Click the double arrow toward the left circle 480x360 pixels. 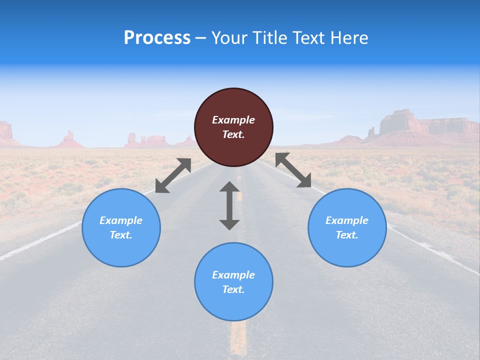[x=173, y=175]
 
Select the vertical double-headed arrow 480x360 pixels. [x=229, y=205]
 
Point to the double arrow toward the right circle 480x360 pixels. [x=293, y=170]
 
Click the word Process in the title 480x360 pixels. [x=157, y=38]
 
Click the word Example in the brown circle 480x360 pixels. [x=233, y=120]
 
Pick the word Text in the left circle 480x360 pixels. [x=121, y=235]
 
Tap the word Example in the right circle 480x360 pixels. [x=347, y=220]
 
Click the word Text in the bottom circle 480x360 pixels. [x=233, y=289]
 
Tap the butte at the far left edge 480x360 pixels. [x=5, y=131]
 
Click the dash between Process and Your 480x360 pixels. [x=201, y=38]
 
